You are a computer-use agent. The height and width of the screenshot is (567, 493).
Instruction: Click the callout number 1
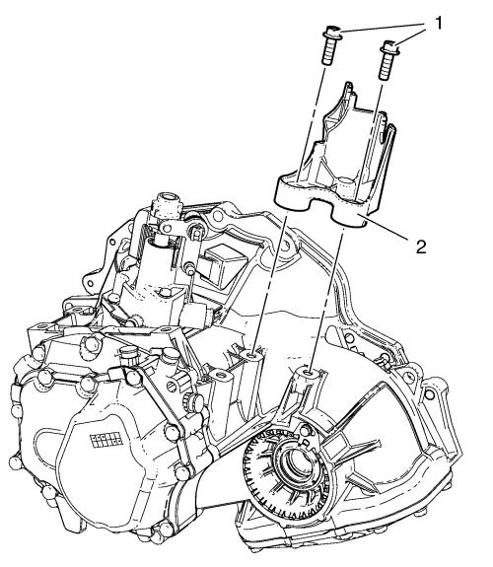pos(439,25)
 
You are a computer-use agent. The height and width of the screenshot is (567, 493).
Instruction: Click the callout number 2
pos(421,248)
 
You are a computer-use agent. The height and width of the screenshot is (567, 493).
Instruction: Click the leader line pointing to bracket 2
pos(388,229)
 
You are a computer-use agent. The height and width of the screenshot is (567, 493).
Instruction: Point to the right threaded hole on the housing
pos(309,373)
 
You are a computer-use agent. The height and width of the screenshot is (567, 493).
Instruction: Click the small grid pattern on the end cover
pos(106,440)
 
